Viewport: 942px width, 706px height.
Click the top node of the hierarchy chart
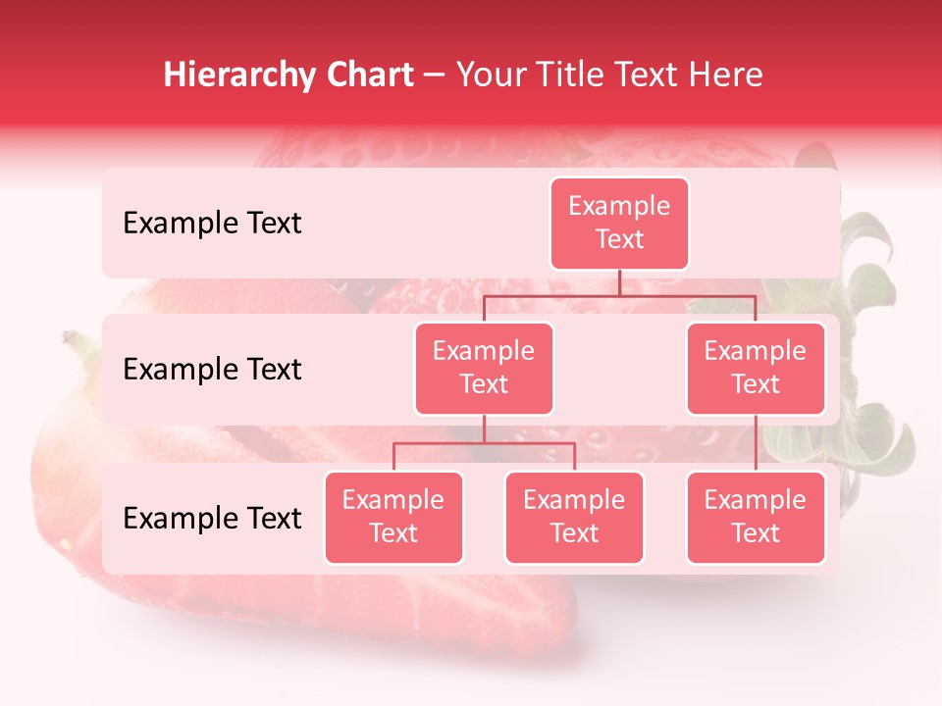point(619,223)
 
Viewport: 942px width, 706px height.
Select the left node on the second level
point(484,368)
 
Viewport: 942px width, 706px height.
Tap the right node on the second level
point(756,368)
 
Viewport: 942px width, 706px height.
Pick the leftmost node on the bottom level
point(393,517)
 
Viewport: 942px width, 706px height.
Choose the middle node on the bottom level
point(574,517)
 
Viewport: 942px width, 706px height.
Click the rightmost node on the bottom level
point(756,517)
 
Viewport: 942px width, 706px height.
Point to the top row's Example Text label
point(212,224)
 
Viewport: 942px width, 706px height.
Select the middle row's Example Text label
point(212,370)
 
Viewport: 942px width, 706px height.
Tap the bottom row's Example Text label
point(212,519)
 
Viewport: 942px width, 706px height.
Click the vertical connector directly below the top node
point(619,282)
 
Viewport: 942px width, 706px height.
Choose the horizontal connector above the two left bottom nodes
point(484,444)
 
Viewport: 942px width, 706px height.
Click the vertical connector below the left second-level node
point(484,429)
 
